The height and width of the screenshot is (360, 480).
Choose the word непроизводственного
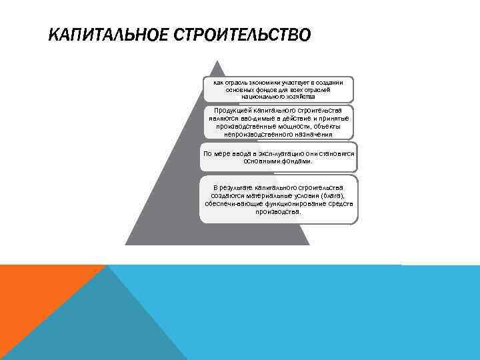coord(261,134)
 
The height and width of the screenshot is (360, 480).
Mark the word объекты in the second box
coord(325,126)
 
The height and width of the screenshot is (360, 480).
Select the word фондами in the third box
coord(295,161)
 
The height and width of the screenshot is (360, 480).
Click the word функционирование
coord(293,204)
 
